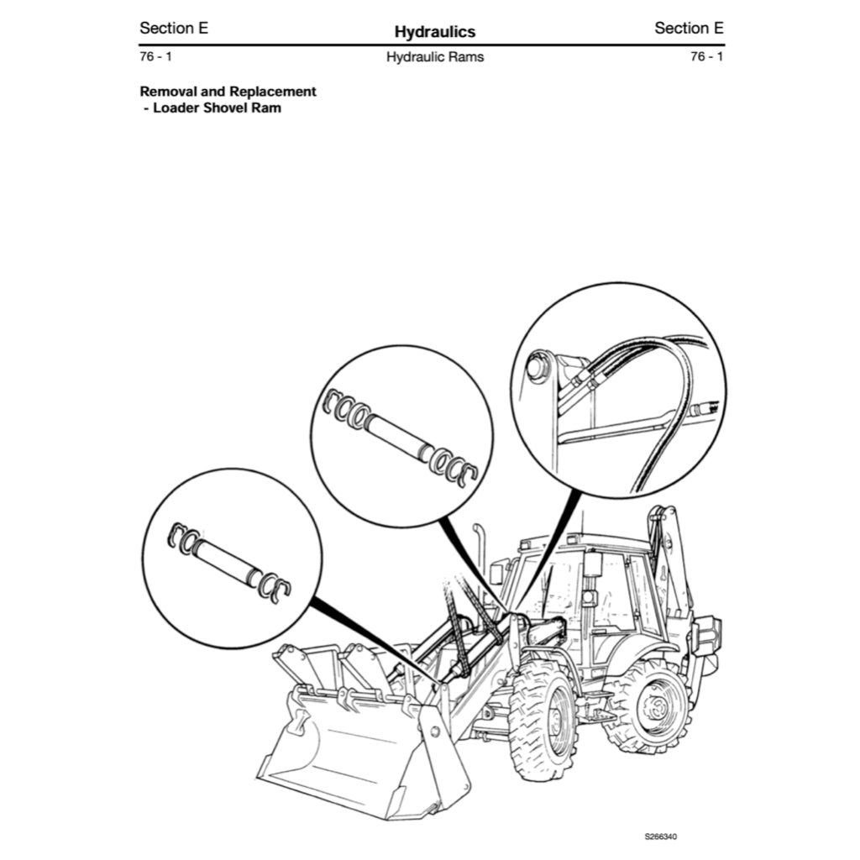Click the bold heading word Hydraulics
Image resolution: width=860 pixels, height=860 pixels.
point(434,32)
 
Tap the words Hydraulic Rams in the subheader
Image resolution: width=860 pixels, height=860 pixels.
point(434,58)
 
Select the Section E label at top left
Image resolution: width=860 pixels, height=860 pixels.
point(174,28)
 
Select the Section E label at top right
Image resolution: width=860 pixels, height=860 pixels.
point(689,28)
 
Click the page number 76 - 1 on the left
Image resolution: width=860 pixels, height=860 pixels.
point(156,57)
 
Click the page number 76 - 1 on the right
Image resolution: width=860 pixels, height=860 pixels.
point(706,57)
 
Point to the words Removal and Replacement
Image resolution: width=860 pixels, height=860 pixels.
point(228,92)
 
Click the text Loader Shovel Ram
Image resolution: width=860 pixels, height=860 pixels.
point(216,108)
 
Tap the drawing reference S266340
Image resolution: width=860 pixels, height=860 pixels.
point(661,836)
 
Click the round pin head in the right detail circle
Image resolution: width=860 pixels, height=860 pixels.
point(535,368)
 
